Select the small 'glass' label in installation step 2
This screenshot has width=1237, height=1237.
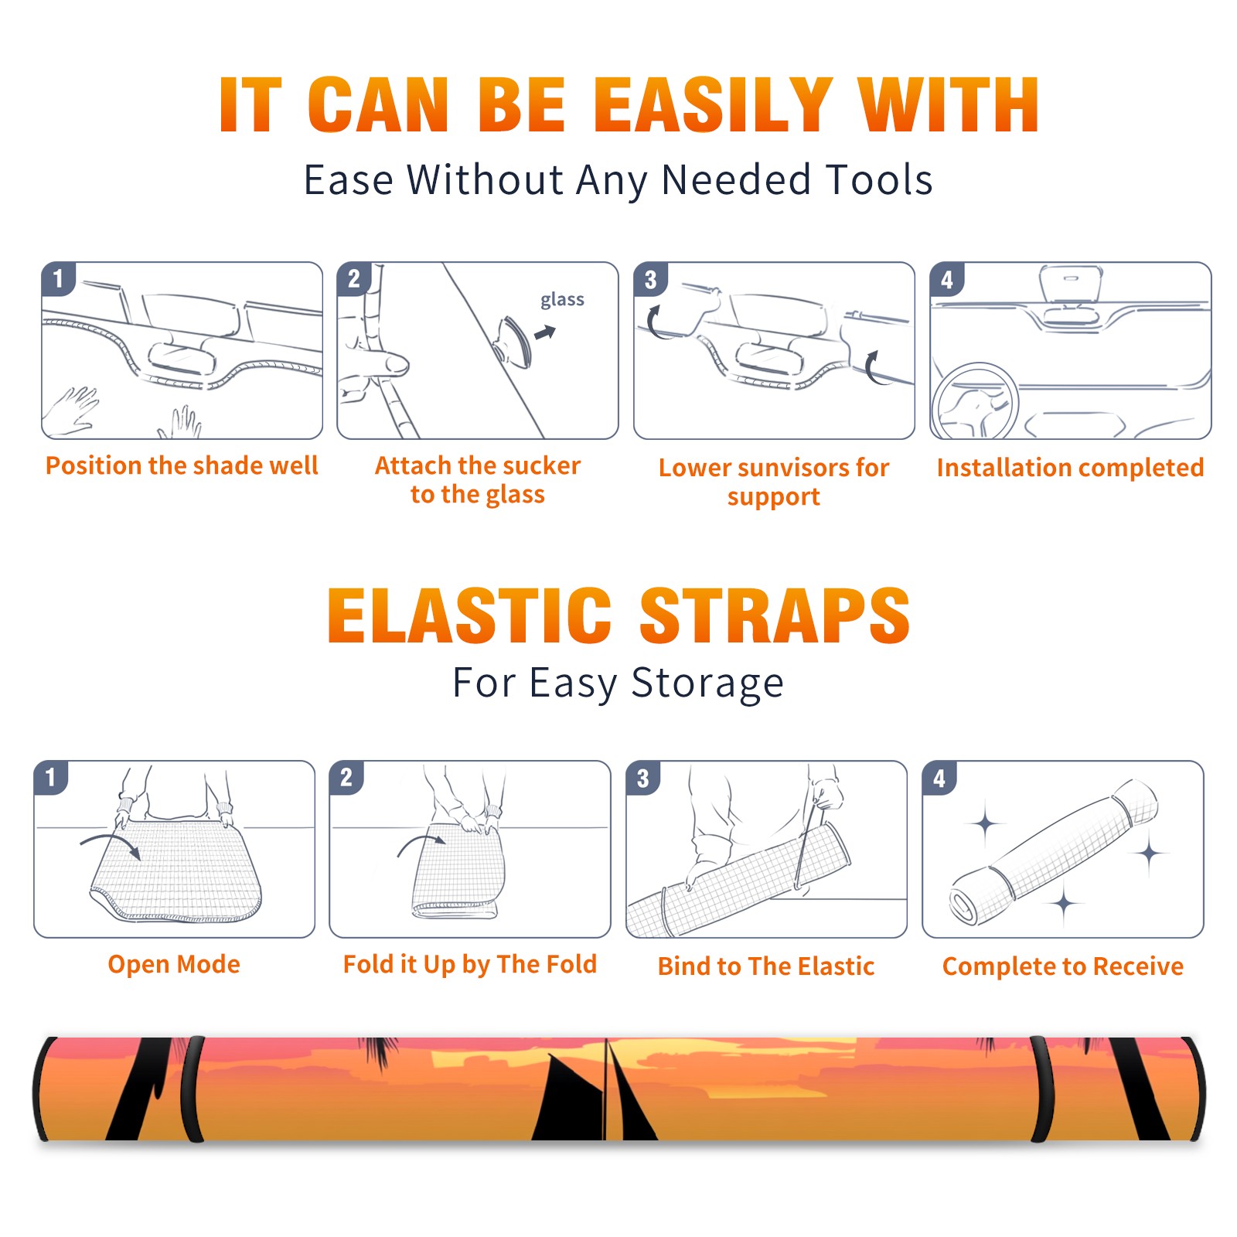(x=562, y=300)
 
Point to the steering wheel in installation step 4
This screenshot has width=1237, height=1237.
(x=975, y=401)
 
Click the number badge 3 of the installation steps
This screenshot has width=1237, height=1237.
(x=651, y=279)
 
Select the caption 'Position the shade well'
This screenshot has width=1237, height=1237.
(x=182, y=465)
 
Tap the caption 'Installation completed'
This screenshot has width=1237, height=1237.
(x=1070, y=468)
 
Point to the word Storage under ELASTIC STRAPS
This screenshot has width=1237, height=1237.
(x=707, y=683)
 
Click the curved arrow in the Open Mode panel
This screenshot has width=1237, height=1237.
(x=111, y=843)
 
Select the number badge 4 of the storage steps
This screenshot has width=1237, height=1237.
(x=939, y=778)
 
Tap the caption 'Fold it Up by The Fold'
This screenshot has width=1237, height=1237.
(x=470, y=965)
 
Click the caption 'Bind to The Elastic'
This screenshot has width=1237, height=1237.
(x=766, y=966)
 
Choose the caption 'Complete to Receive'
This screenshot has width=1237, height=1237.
(x=1063, y=966)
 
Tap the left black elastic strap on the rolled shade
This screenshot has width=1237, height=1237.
(x=191, y=1089)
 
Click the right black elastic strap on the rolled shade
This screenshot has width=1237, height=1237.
(x=1041, y=1089)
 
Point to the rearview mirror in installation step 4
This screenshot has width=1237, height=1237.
(x=1071, y=284)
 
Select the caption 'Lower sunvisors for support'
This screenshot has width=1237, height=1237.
(x=774, y=482)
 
